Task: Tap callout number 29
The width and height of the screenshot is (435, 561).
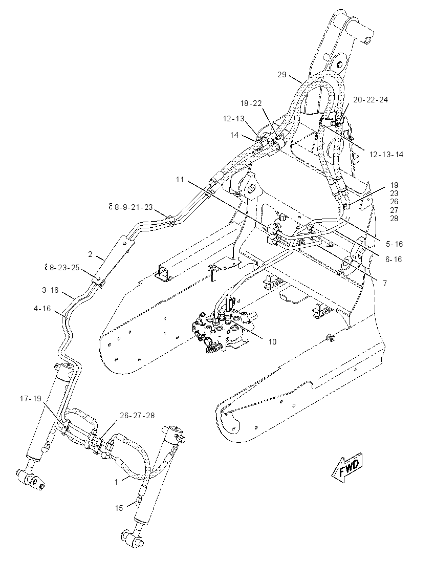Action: pos(282,74)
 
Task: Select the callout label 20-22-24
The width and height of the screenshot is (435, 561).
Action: pos(371,99)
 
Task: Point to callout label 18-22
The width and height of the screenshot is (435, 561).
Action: pos(251,103)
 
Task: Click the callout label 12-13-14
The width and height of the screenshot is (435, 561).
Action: pos(386,155)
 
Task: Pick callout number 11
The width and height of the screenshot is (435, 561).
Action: pos(180,180)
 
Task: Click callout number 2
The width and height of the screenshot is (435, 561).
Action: pos(90,254)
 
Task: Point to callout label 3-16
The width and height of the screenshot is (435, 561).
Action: pos(50,290)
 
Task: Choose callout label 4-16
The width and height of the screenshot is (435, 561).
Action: pos(42,308)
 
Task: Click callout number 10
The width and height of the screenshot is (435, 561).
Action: pos(272,342)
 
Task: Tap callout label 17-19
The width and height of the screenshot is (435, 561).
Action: pos(30,399)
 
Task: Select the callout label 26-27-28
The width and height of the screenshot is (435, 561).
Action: pos(137,416)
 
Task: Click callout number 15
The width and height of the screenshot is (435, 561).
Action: pos(119,508)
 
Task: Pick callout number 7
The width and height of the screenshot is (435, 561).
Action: pos(385,284)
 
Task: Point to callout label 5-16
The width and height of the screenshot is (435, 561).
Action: pos(394,244)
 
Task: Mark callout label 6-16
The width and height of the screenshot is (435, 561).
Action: pos(394,260)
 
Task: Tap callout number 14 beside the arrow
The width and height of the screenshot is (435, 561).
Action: pos(234,135)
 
